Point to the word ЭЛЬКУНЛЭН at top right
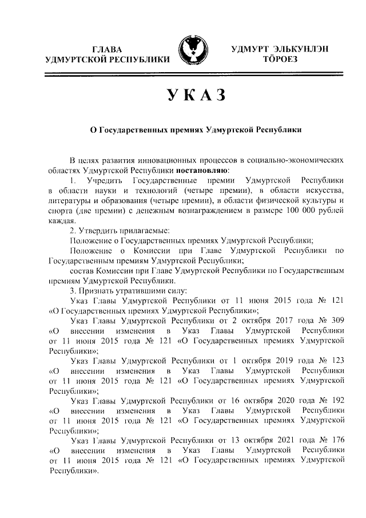[300, 48]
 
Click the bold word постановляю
[202, 170]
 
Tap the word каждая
[62, 222]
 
